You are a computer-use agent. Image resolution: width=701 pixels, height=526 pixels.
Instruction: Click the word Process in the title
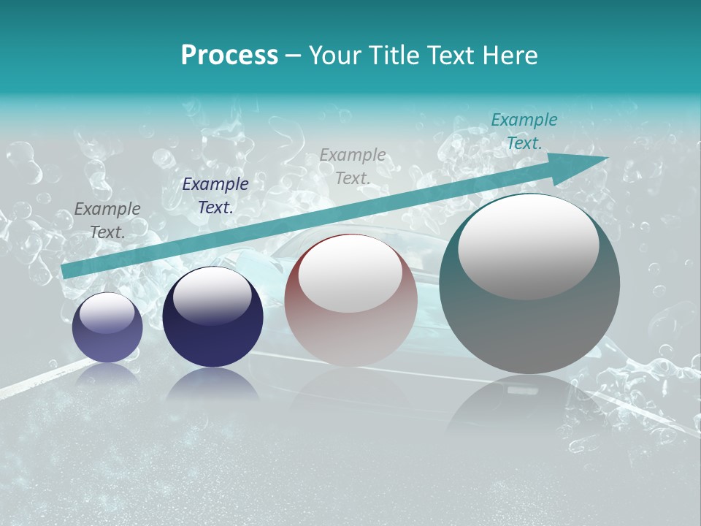tap(229, 56)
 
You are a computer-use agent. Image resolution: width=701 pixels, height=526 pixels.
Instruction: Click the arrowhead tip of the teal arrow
tap(606, 158)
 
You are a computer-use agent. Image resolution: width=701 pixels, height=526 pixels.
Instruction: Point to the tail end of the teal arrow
tap(66, 272)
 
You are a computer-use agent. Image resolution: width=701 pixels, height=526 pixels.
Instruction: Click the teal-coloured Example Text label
tap(524, 131)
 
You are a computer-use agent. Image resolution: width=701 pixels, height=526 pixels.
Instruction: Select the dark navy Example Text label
tap(215, 196)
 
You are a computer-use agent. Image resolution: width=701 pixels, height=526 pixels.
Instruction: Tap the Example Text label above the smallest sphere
tap(107, 221)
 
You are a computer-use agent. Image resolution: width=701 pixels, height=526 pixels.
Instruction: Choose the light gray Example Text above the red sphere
tap(353, 166)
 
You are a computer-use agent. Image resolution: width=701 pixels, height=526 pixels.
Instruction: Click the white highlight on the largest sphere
tap(528, 245)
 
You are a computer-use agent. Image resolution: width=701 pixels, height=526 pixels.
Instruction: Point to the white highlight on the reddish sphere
tap(350, 273)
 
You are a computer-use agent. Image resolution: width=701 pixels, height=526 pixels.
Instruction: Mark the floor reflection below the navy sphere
tap(212, 384)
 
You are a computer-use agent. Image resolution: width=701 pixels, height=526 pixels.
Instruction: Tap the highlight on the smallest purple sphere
tap(107, 313)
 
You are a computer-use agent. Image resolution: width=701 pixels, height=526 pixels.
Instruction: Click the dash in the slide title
tap(294, 56)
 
